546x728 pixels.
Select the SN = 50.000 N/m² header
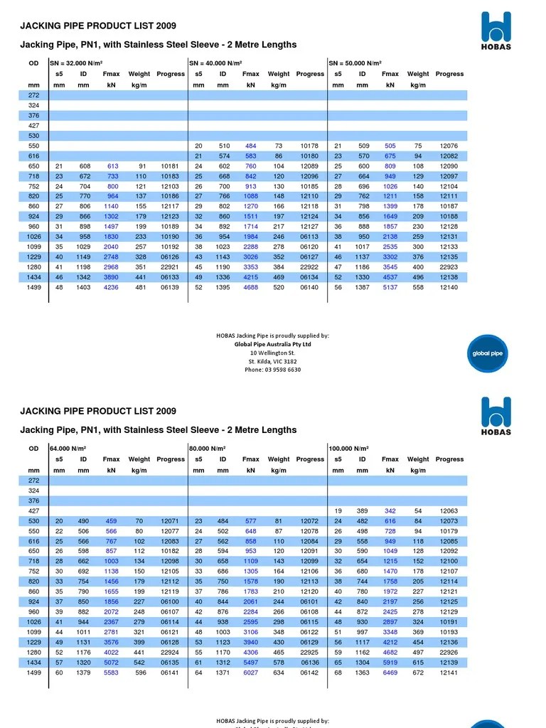pos(355,63)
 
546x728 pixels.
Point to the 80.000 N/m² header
pos(208,449)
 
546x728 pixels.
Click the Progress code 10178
pos(310,146)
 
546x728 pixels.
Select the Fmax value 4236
pos(111,287)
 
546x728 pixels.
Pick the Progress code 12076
pos(449,146)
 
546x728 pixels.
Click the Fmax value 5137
pos(390,287)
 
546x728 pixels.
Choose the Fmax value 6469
pos(390,673)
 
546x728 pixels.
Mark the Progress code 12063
pos(449,511)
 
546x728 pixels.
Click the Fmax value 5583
pos(111,673)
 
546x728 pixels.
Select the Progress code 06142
pos(310,673)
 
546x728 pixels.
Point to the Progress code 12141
pos(449,673)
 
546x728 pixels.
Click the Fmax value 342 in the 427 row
pos(390,511)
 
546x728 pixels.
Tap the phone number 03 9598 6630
pos(273,370)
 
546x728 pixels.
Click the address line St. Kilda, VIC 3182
pos(273,361)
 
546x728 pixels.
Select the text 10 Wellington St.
pos(273,353)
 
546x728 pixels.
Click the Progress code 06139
pos(171,287)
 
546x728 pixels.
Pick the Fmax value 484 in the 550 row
pos(251,146)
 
